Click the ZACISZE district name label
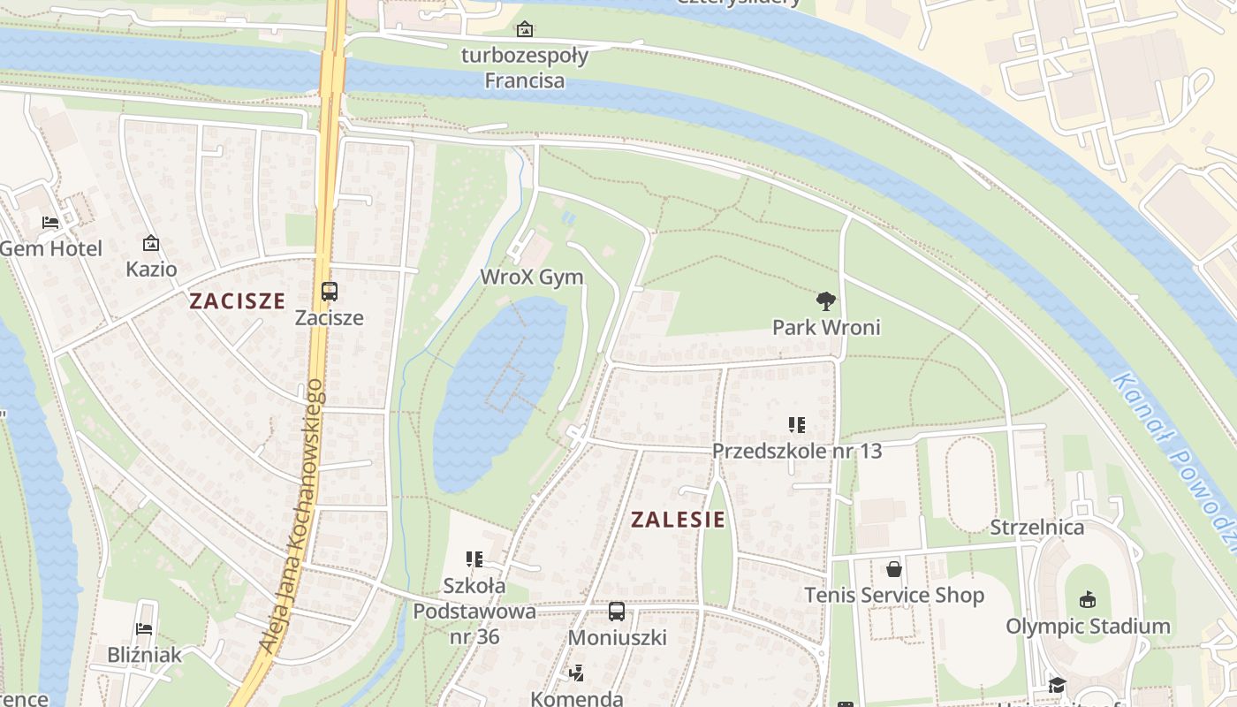pos(237,300)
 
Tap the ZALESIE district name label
pos(678,520)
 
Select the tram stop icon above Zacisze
pos(330,291)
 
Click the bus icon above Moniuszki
pos(617,611)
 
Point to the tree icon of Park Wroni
pos(826,301)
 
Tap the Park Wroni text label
pos(826,328)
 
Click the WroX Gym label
pos(532,277)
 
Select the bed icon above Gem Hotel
pos(50,222)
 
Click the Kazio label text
pos(151,269)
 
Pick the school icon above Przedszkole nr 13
pos(797,425)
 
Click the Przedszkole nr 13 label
pos(797,451)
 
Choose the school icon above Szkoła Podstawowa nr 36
pos(474,559)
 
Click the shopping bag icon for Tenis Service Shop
pos(894,569)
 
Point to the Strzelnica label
pos(1036,528)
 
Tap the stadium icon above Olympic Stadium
pos(1088,600)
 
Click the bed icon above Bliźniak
pos(145,629)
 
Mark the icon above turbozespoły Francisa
pos(525,30)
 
